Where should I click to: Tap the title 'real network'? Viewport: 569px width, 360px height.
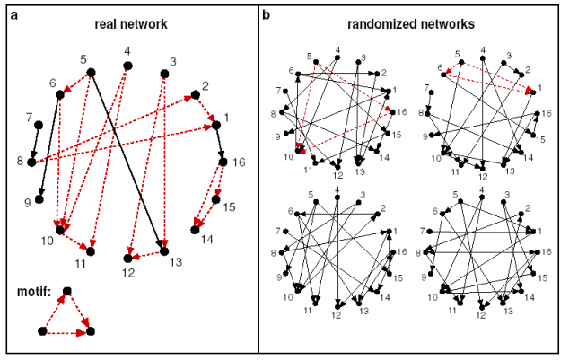(131, 23)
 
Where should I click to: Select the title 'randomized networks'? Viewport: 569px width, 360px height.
(414, 23)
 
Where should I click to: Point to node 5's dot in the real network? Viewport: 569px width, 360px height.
(92, 72)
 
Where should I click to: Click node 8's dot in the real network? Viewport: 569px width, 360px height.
(32, 162)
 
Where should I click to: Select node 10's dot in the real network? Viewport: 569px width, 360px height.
(60, 230)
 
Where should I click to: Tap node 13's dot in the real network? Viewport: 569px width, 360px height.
(165, 251)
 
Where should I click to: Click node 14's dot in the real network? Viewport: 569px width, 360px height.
(195, 230)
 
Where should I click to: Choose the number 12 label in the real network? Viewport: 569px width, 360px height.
(128, 270)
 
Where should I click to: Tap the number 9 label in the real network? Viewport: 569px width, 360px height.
(28, 203)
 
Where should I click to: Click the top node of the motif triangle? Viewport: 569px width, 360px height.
(66, 291)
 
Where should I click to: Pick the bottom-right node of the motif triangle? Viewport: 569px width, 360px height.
(90, 331)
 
